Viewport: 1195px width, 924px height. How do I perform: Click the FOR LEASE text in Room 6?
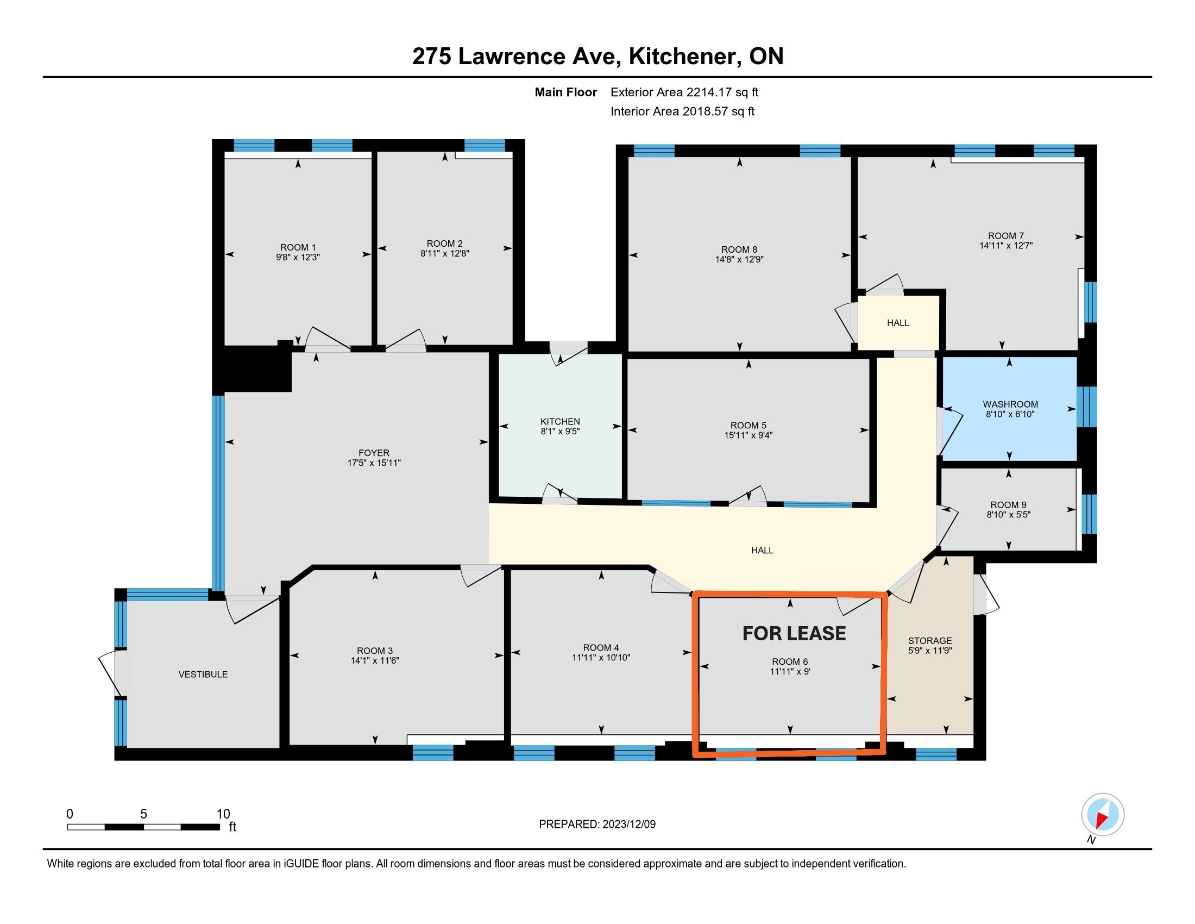(x=794, y=633)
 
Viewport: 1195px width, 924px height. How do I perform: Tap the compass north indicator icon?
(x=1103, y=815)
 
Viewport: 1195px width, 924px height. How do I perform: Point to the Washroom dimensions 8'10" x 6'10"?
(x=1010, y=414)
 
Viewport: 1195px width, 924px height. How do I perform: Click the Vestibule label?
(x=203, y=675)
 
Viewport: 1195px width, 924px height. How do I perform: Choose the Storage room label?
(x=929, y=640)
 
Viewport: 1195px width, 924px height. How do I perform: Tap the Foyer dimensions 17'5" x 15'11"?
(x=374, y=463)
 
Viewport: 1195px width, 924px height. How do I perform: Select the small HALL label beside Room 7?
(x=898, y=323)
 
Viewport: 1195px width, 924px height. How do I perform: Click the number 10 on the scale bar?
(x=223, y=814)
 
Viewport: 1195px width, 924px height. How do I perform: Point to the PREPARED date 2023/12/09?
(x=628, y=825)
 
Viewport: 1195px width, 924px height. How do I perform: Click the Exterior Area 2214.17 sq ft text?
(x=684, y=92)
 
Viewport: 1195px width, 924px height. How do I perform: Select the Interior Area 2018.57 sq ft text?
(x=682, y=111)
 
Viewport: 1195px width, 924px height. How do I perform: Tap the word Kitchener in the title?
(x=683, y=57)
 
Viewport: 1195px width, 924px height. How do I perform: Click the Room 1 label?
(x=298, y=247)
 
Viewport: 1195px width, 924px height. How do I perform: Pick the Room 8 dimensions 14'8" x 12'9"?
(x=739, y=259)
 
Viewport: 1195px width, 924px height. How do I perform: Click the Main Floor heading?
(x=566, y=92)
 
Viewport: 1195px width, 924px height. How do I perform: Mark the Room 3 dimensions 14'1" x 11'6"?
(x=375, y=661)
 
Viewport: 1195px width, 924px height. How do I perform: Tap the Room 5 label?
(x=748, y=426)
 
